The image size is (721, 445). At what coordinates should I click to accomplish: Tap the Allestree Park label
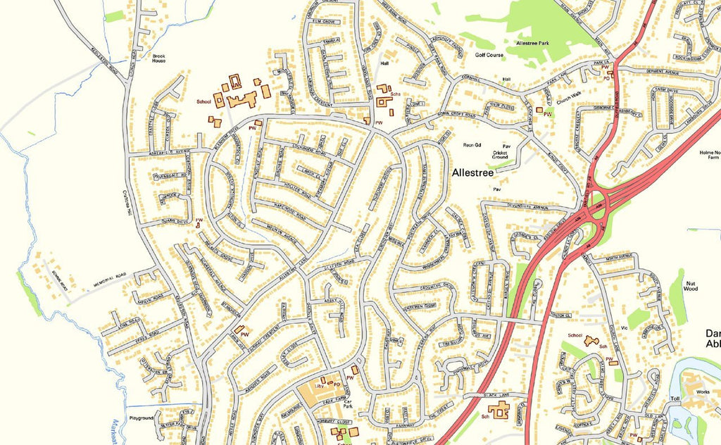pos(537,44)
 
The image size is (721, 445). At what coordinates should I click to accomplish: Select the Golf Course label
pos(489,54)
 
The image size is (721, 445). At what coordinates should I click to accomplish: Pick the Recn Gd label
pos(471,145)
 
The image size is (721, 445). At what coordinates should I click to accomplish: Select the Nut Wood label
pos(691,285)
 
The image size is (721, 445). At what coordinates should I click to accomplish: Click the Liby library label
pos(318,386)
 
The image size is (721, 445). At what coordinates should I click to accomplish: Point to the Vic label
pos(623,327)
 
